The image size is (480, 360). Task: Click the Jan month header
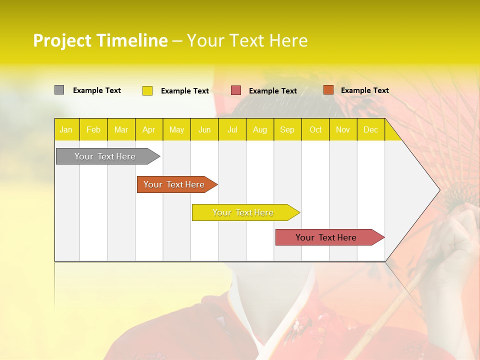66,129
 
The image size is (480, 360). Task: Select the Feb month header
93,129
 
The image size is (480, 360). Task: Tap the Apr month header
148,129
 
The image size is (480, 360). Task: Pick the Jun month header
204,129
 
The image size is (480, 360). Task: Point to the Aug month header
259,129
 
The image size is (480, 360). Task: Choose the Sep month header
287,129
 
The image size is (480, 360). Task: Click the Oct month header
315,129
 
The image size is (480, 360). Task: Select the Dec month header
370,129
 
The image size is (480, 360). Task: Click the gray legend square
59,90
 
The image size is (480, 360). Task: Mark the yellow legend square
147,90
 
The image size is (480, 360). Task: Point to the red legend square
236,90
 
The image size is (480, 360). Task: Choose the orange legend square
328,90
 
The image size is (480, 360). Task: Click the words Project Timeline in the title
100,40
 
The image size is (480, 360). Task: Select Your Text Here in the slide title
247,40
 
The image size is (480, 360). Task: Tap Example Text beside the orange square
364,90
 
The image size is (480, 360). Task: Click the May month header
176,129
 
